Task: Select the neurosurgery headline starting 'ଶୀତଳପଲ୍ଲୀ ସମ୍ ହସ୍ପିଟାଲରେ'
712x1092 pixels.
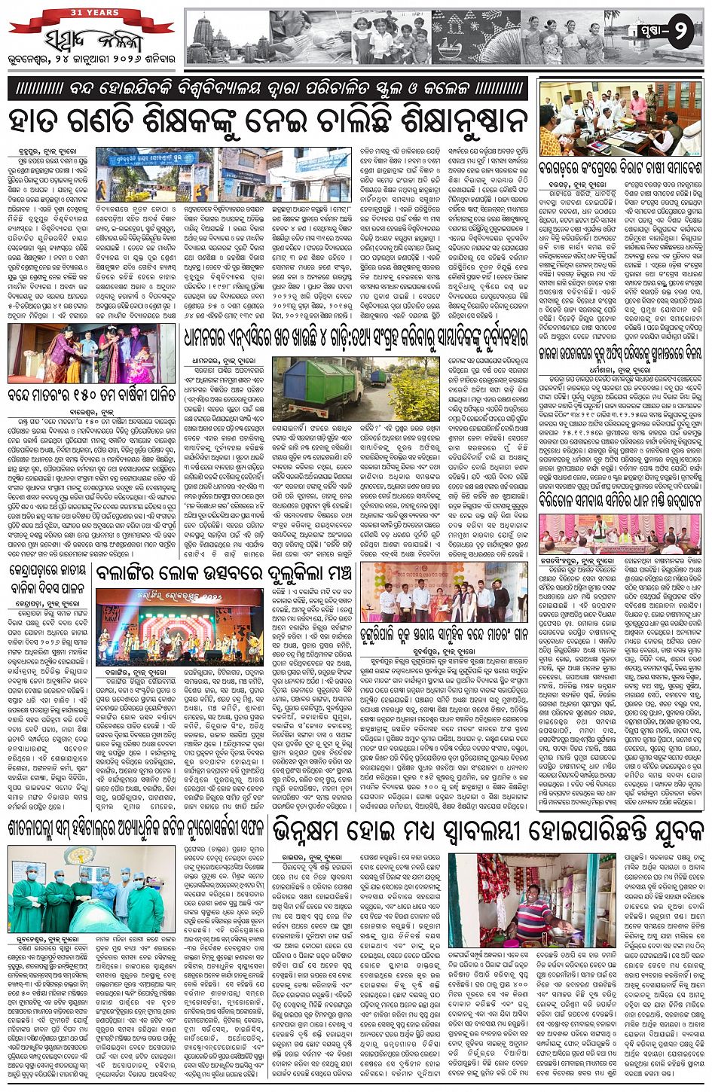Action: click(136, 827)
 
